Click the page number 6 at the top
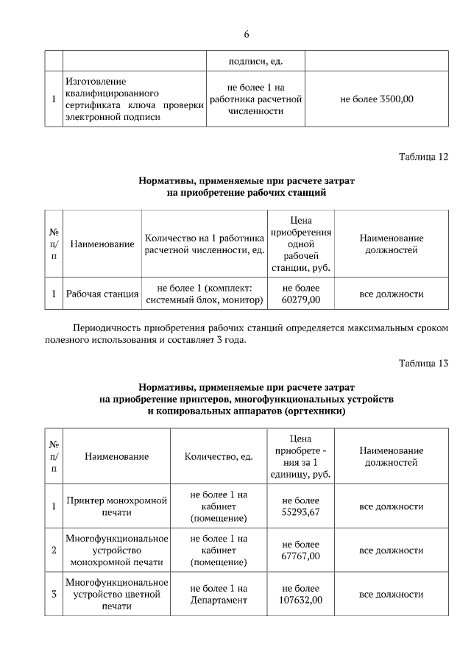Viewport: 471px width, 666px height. point(247,35)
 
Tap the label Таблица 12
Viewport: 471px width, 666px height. point(422,157)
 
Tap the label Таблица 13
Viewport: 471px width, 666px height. point(422,364)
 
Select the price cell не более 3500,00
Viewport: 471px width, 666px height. point(376,99)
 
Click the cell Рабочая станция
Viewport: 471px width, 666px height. point(102,294)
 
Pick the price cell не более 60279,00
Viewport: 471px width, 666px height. point(301,294)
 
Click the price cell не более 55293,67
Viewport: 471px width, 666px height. point(301,506)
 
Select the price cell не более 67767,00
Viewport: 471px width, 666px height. point(301,550)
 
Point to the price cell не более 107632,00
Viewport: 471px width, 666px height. point(301,594)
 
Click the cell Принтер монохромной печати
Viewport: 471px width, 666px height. point(118,506)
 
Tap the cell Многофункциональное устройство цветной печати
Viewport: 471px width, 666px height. point(118,594)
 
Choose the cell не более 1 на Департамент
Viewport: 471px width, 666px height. point(219,594)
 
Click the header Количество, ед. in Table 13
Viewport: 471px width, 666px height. point(219,456)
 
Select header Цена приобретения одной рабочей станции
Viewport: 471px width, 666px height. point(301,244)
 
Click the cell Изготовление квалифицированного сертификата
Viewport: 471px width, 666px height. point(134,99)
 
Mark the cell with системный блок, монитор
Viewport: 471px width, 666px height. point(205,294)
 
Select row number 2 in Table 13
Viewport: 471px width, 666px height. point(54,550)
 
